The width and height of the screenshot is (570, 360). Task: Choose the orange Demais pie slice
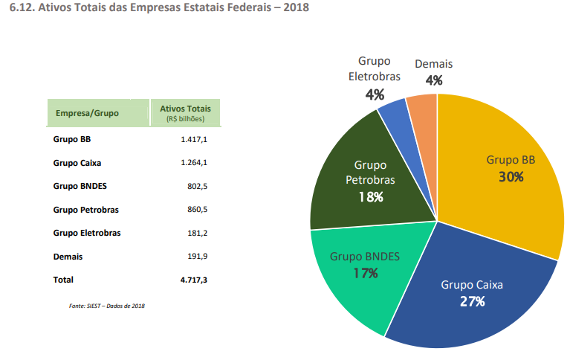click(422, 112)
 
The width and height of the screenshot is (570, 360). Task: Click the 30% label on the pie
click(511, 177)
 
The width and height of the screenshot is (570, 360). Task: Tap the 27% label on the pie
click(472, 301)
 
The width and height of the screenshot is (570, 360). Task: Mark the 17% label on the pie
click(365, 273)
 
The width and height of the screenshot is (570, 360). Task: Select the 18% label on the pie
click(369, 196)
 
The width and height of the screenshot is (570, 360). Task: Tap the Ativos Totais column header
click(185, 109)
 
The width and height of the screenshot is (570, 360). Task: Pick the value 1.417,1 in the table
click(194, 139)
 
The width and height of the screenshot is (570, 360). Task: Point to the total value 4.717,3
click(193, 280)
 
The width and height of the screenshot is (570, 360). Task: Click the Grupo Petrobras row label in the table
click(86, 210)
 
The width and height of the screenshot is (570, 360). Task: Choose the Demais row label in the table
click(68, 257)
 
